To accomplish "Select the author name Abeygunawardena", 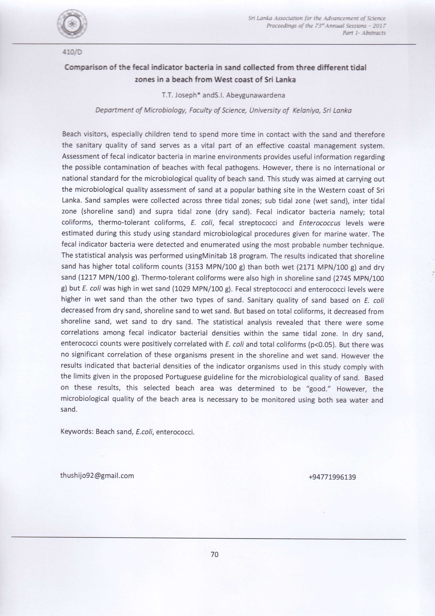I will (255, 95).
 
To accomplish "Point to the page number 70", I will (215, 554).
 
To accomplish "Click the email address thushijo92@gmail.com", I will (97, 476).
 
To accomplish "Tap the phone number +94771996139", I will (332, 477).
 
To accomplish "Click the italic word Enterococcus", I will (320, 223).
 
